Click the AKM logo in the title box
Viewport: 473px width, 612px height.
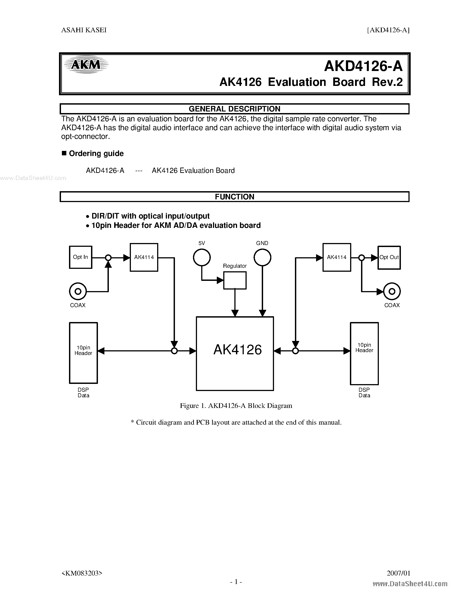coord(86,65)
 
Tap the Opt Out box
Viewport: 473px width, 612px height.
coord(389,257)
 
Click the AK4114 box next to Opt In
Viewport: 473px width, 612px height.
coord(144,257)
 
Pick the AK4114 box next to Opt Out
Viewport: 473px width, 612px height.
coord(337,257)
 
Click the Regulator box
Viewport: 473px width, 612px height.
coord(235,280)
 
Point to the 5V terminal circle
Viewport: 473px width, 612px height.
coord(202,257)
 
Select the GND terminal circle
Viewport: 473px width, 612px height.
coord(262,257)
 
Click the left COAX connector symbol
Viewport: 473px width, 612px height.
coord(78,292)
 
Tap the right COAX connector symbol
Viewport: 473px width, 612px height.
coord(392,292)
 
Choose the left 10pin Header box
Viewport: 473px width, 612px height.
coord(83,353)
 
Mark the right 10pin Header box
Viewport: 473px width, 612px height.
coord(364,353)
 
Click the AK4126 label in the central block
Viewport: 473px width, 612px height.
coord(238,350)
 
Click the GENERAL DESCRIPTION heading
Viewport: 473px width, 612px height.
coord(235,109)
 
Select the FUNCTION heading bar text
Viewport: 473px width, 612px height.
coord(235,197)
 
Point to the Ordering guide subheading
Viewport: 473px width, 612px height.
coord(96,154)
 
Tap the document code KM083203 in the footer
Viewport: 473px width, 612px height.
coord(82,573)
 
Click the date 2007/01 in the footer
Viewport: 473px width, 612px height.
coord(398,573)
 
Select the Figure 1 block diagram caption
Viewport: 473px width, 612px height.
coord(236,406)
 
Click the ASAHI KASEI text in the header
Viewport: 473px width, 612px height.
coord(84,30)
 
